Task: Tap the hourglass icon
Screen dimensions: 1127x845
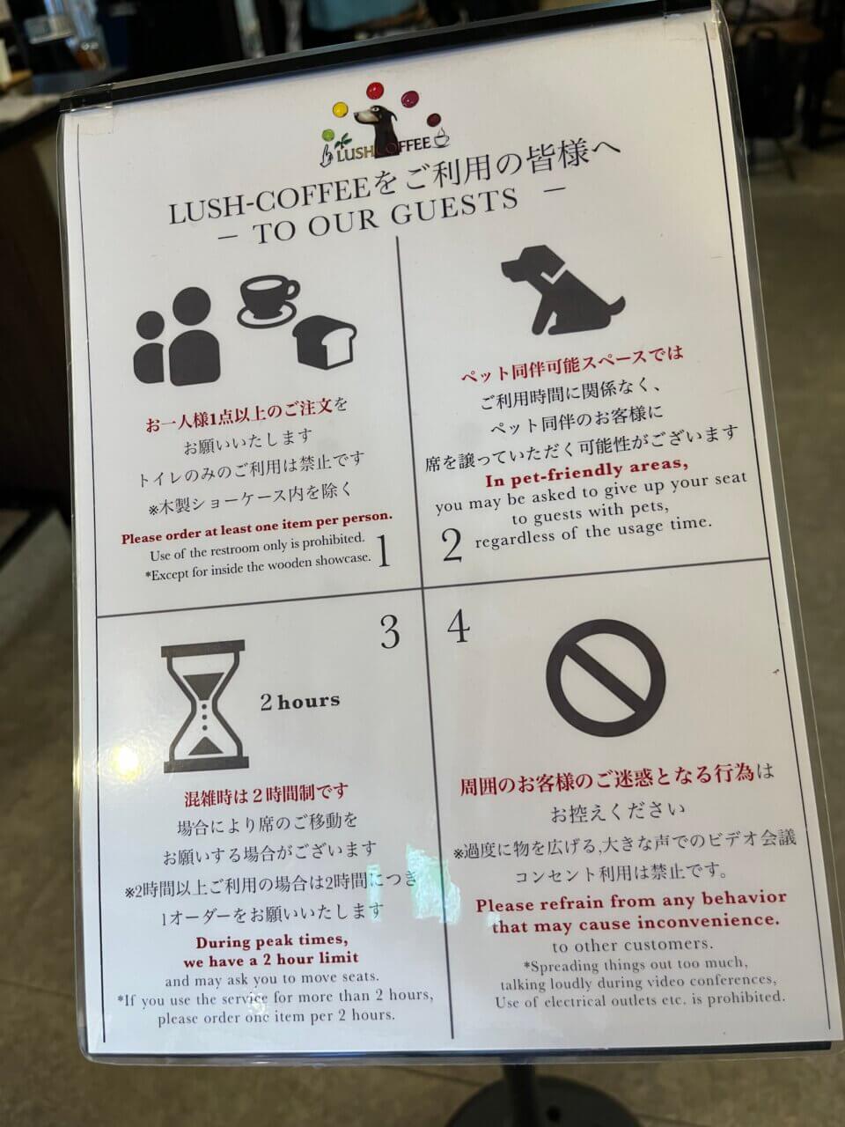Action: [203, 701]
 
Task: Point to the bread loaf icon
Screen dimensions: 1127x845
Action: [326, 341]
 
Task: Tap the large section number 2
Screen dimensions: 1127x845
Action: [452, 545]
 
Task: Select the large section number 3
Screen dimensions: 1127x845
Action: [389, 632]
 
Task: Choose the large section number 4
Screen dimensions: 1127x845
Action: [458, 627]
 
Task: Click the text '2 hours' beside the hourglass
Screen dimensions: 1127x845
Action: [298, 702]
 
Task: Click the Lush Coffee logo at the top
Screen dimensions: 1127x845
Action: [386, 123]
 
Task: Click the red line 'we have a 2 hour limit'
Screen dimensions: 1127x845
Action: [271, 959]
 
